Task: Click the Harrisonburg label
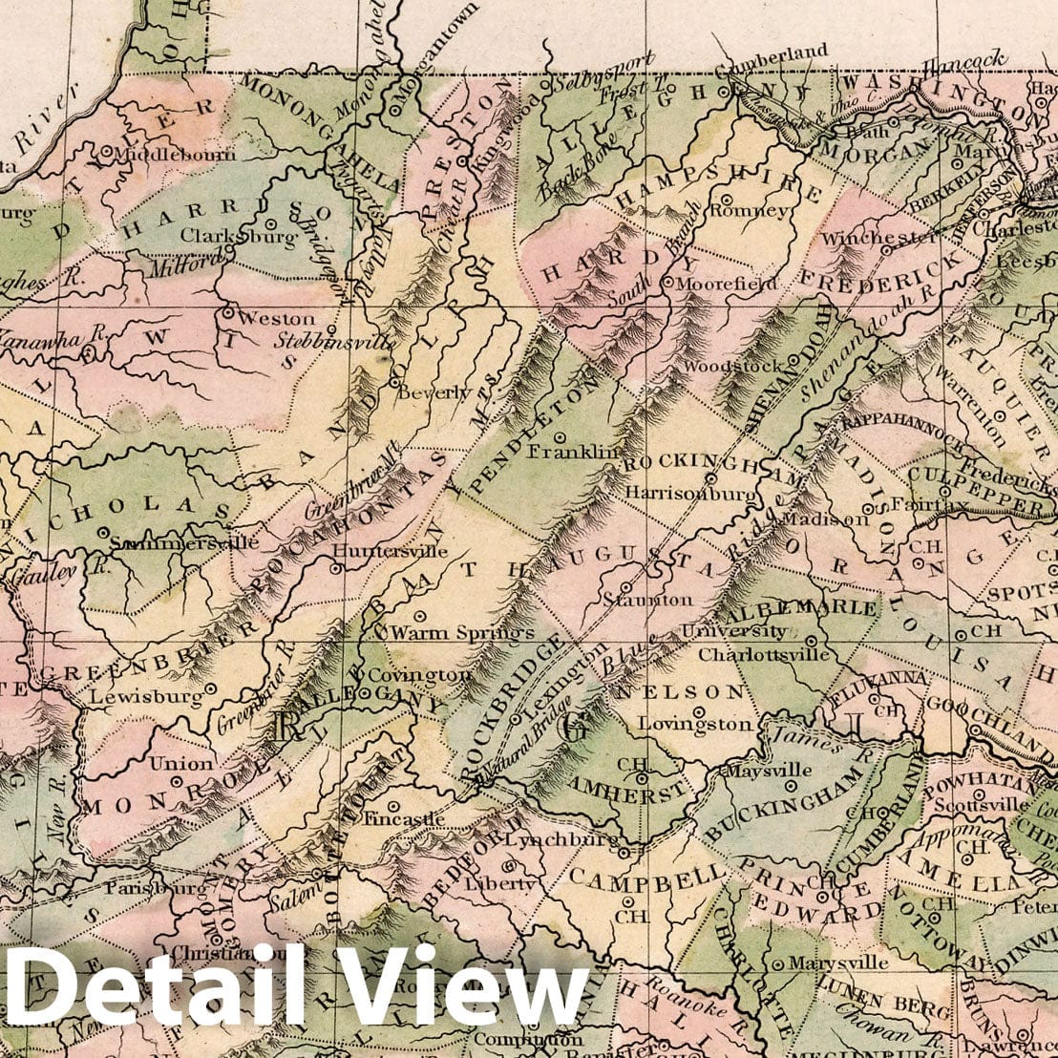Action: pos(690,493)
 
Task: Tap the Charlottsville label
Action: pos(764,655)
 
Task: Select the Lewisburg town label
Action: pos(147,697)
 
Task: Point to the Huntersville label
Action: pos(391,551)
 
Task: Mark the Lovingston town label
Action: pos(695,724)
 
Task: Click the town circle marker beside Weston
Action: pos(228,311)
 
